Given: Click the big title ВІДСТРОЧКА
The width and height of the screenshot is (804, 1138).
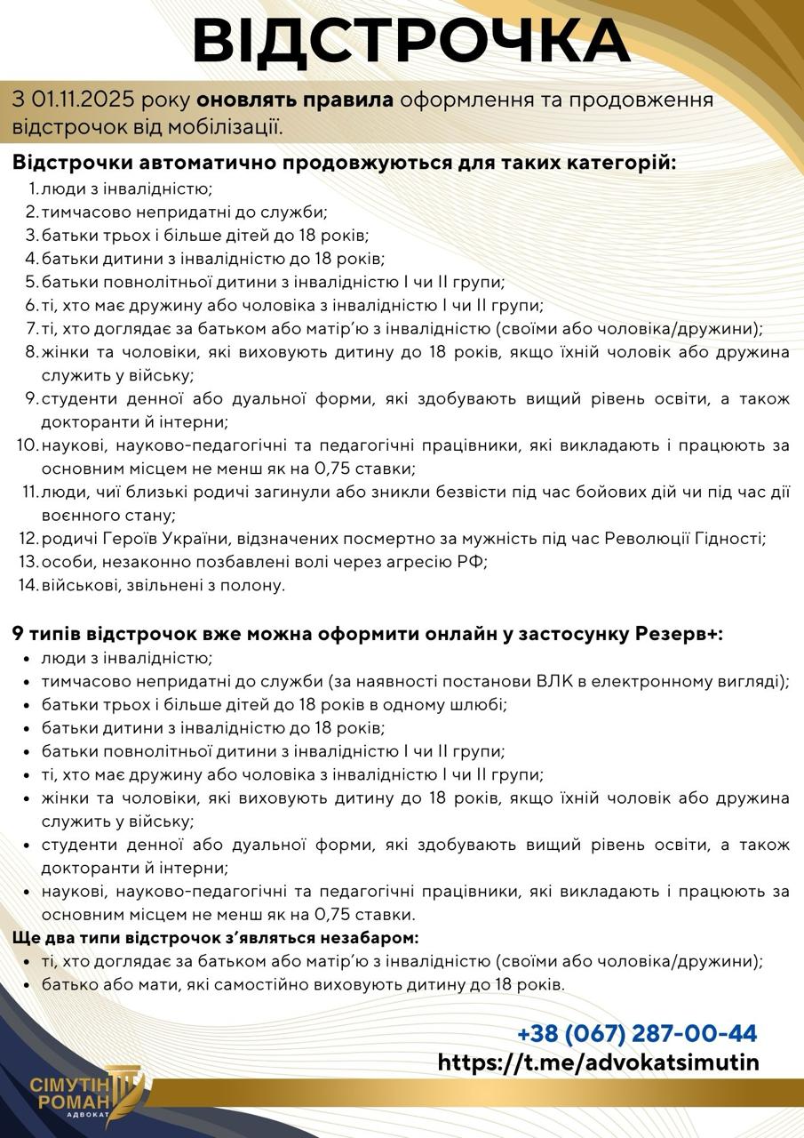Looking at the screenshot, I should tap(410, 41).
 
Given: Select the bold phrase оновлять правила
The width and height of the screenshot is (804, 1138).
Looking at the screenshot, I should tap(295, 99).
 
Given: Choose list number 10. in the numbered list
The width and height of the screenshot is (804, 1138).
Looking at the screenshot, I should tap(26, 445).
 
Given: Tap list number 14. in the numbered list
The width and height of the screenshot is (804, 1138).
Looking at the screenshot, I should tap(28, 585).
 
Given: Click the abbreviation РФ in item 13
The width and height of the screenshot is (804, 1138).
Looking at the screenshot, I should tap(470, 562).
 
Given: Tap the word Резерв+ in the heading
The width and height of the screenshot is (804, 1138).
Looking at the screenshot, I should tap(678, 635).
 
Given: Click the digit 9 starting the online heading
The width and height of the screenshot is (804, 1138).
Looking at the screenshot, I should tap(18, 635).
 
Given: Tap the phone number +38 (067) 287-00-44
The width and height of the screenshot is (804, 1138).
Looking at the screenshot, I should tap(637, 1034).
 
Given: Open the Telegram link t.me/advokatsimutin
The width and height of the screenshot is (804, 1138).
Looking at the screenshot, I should tap(599, 1062).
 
